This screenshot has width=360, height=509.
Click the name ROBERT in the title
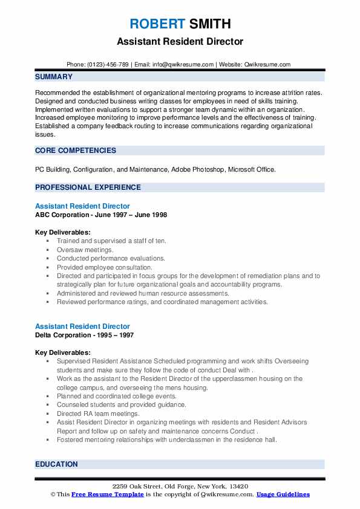tap(156, 24)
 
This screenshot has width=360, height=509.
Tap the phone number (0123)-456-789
tap(106, 65)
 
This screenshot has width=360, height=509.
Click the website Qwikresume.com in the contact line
tap(268, 65)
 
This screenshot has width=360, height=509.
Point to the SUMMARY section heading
tap(54, 77)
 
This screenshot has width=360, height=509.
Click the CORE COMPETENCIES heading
tap(76, 151)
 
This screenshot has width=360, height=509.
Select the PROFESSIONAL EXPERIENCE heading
tap(88, 187)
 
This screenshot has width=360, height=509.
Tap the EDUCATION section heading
tap(56, 464)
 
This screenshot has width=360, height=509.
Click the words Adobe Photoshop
tap(198, 170)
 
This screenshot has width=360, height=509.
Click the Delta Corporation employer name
tap(65, 335)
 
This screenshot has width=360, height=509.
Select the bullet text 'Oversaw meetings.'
tap(85, 250)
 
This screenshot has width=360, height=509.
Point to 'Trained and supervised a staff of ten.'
tap(111, 241)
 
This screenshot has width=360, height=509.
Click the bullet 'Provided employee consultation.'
tap(104, 267)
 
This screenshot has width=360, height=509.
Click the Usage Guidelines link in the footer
tap(283, 494)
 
